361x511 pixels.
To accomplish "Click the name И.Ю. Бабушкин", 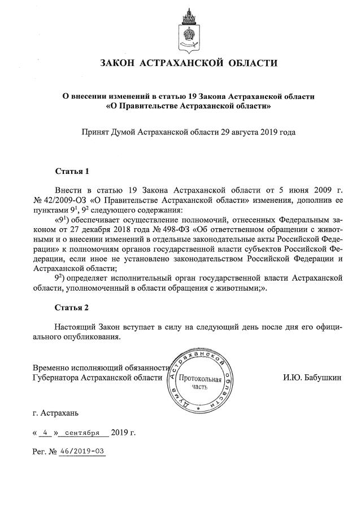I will point(312,377).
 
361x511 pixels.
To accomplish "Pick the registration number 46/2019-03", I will point(84,452).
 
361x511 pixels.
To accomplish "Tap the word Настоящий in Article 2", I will point(76,327).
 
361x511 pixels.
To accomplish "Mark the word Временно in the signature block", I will point(53,367).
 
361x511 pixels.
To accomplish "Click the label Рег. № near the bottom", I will point(46,452).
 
